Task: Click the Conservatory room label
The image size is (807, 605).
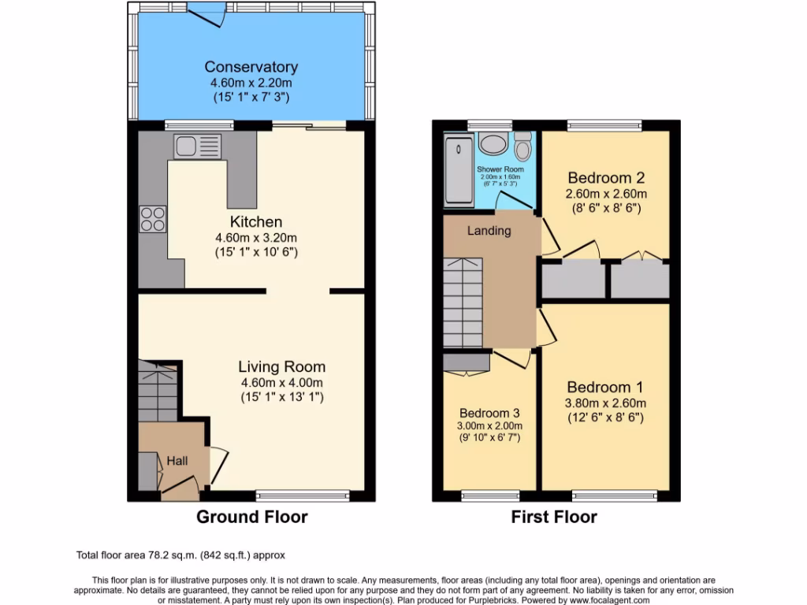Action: pyautogui.click(x=251, y=67)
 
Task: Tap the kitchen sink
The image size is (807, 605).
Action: pyautogui.click(x=198, y=146)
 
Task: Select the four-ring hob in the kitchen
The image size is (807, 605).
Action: pyautogui.click(x=153, y=218)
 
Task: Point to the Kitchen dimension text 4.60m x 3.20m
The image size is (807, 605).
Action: pyautogui.click(x=255, y=238)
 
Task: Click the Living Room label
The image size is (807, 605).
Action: pyautogui.click(x=281, y=367)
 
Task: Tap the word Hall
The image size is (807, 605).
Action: pyautogui.click(x=177, y=460)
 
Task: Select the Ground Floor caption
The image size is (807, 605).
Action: pyautogui.click(x=251, y=517)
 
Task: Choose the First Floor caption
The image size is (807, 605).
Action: pyautogui.click(x=554, y=517)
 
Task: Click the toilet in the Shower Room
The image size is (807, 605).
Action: pyautogui.click(x=523, y=147)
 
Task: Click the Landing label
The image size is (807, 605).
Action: pyautogui.click(x=489, y=231)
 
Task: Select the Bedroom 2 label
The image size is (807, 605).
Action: pyautogui.click(x=605, y=177)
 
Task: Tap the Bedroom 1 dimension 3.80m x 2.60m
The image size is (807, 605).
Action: pyautogui.click(x=605, y=403)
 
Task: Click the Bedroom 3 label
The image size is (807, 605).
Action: pyautogui.click(x=489, y=414)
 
